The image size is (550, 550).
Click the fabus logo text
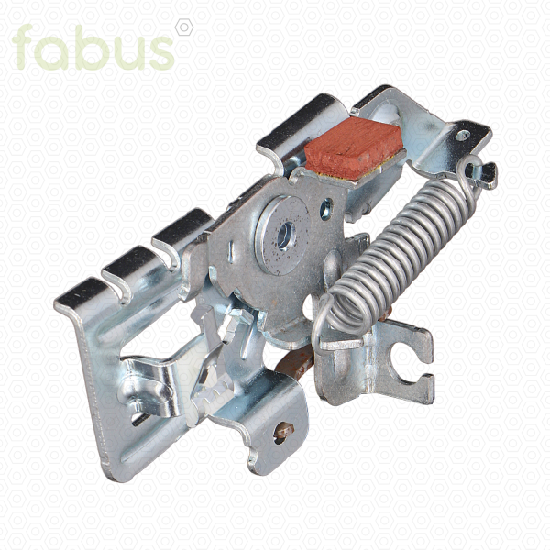click(x=93, y=48)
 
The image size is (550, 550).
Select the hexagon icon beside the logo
click(x=184, y=27)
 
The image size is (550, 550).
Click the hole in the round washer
click(x=287, y=235)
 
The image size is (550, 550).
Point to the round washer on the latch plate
click(x=282, y=236)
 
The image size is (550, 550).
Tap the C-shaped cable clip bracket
click(x=411, y=365)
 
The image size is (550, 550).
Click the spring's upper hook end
click(x=480, y=172)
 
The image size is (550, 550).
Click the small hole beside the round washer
click(x=326, y=209)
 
